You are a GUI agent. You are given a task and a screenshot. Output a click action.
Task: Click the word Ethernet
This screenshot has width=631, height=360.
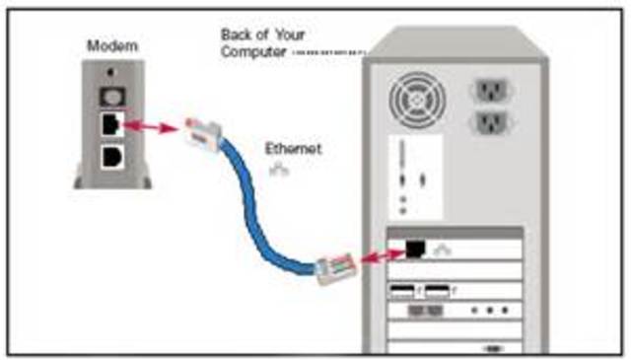(x=293, y=149)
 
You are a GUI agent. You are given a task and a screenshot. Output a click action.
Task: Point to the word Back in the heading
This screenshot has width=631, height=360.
(x=239, y=35)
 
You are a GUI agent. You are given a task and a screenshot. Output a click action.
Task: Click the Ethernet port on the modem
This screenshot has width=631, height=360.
(x=110, y=126)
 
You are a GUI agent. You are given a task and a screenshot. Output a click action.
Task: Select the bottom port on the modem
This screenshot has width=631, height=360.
(x=110, y=157)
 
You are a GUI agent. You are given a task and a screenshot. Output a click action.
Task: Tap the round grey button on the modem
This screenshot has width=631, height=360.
(x=110, y=97)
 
